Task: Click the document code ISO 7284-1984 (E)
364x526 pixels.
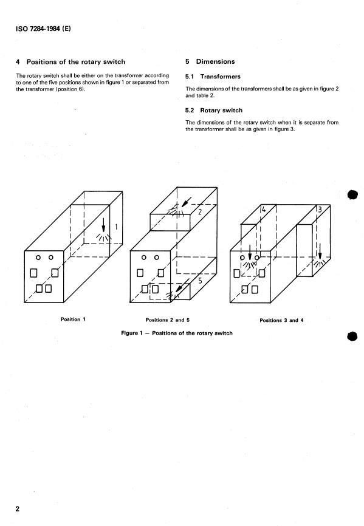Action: click(x=43, y=29)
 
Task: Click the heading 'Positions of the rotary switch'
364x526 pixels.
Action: click(x=76, y=62)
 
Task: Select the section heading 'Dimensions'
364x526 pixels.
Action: click(x=215, y=61)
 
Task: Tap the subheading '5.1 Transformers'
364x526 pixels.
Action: click(x=213, y=77)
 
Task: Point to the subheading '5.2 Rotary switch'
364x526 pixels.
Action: click(x=214, y=111)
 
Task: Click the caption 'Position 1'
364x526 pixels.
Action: click(x=73, y=319)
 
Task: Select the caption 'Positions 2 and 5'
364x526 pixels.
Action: click(x=167, y=320)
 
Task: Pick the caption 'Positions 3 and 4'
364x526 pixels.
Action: click(x=281, y=320)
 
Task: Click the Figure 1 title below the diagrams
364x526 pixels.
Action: click(x=177, y=333)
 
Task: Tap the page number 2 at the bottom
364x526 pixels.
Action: click(x=18, y=509)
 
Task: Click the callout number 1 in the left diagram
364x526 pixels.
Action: click(x=116, y=227)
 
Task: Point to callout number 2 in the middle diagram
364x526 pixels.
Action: click(x=200, y=211)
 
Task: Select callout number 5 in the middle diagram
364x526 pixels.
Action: click(x=201, y=281)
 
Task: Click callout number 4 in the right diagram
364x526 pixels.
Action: click(x=264, y=210)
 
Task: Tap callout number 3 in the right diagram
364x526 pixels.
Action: click(x=320, y=210)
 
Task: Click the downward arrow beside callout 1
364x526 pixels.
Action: click(x=104, y=225)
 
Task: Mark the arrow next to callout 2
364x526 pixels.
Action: click(x=186, y=202)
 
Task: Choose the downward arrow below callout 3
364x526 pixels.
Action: click(x=320, y=251)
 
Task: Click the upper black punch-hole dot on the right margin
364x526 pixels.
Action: click(x=352, y=195)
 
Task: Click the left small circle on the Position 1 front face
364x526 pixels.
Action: click(x=38, y=258)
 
